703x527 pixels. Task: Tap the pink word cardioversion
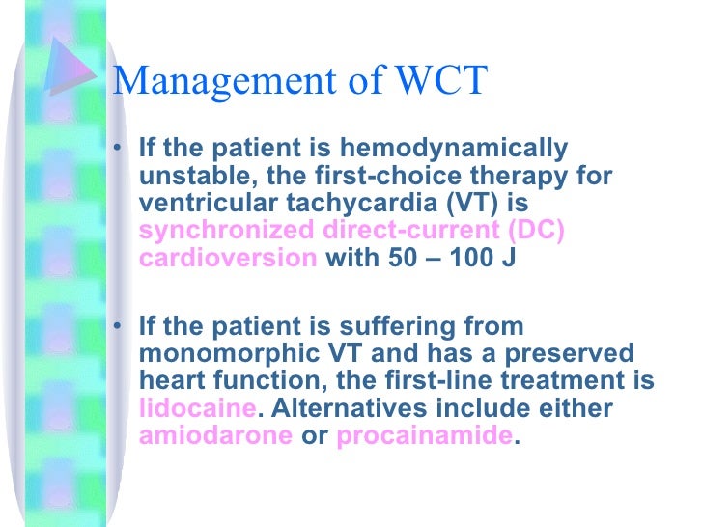228,259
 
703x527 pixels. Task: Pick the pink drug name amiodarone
215,434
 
